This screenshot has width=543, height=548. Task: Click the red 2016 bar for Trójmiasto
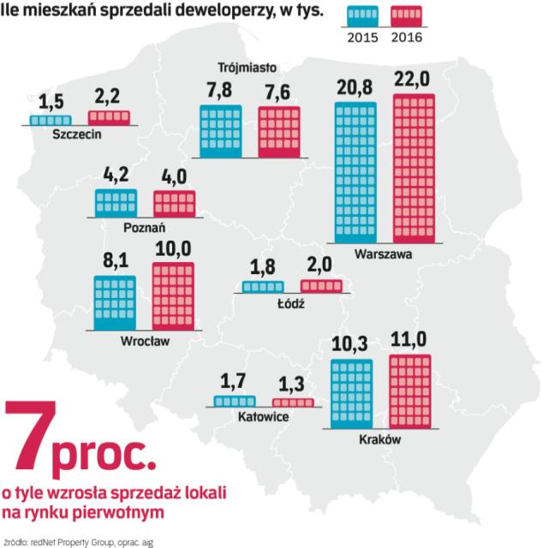[x=280, y=132]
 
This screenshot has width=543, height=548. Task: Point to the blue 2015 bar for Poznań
[x=116, y=202]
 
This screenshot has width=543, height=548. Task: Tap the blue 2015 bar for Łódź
[x=262, y=287]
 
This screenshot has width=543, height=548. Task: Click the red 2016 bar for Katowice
[x=293, y=402]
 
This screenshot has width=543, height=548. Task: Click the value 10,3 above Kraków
[x=351, y=344]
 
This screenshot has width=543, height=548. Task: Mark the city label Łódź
[x=291, y=303]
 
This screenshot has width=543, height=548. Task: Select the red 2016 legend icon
[x=406, y=17]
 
